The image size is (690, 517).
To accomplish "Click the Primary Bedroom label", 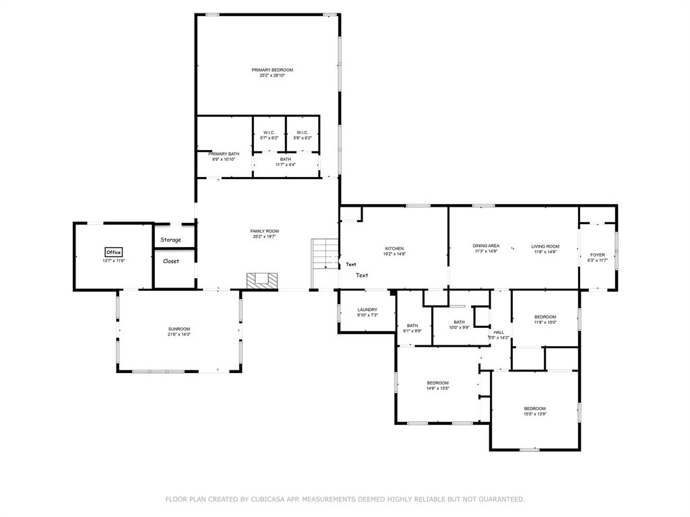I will [x=272, y=70].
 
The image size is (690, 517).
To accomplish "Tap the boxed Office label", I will [x=113, y=252].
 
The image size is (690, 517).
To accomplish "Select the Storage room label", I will [x=170, y=240].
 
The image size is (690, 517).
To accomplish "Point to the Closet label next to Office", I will [x=171, y=261].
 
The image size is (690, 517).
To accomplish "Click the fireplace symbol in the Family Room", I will [x=261, y=281].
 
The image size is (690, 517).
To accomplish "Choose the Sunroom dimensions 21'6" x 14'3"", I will [x=179, y=334].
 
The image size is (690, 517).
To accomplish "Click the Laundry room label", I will [x=367, y=310].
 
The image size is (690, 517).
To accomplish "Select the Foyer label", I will [x=597, y=255].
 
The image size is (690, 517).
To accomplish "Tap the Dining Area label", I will [x=486, y=246].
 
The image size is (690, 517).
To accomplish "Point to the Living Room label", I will [x=545, y=246].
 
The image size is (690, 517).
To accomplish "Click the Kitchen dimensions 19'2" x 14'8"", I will [x=394, y=254].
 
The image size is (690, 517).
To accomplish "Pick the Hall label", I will [x=499, y=332].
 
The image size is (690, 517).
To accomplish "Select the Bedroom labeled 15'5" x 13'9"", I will [x=534, y=409].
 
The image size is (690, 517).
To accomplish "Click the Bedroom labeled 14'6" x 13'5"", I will [x=437, y=383].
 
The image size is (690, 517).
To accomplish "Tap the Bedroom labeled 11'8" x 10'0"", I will [x=545, y=317].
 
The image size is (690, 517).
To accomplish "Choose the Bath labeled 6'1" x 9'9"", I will [x=412, y=326].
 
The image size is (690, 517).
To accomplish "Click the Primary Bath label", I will [x=224, y=153].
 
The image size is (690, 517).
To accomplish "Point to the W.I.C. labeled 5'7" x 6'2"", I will [x=269, y=133].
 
